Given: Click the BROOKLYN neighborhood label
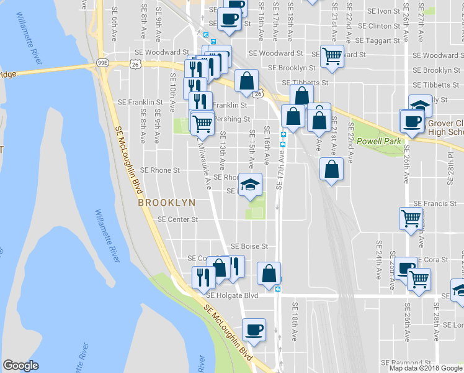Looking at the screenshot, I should (166, 203).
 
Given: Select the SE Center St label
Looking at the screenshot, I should (177, 219).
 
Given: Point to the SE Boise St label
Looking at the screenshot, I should (249, 246).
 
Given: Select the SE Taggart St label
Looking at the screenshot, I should (383, 40).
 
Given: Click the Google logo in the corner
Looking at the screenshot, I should (20, 366).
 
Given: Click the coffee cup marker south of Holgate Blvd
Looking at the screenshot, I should (253, 329).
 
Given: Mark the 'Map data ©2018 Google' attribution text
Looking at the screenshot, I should (426, 368).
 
